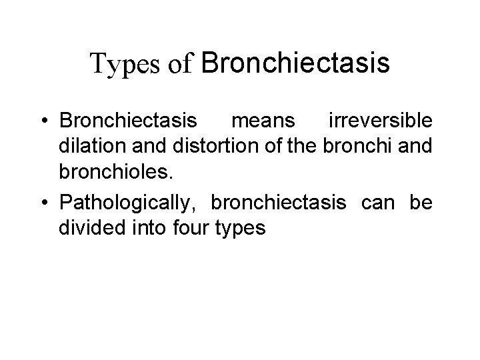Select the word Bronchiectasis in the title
click(295, 63)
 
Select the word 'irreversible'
click(381, 121)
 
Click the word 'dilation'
click(89, 147)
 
